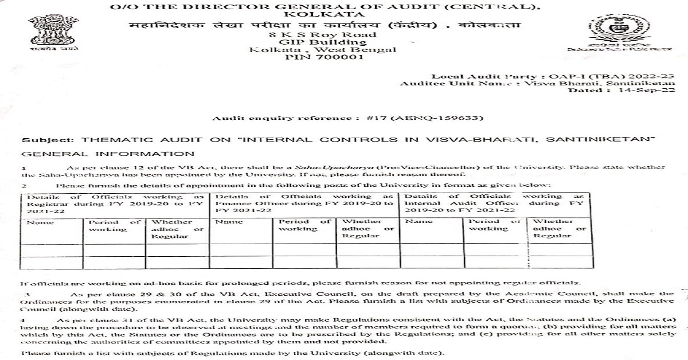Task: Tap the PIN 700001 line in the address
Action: [324, 57]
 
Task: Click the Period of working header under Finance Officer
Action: [304, 225]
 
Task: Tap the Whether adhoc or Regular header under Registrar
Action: [175, 229]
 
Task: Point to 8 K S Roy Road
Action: [324, 34]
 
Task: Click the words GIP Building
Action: [324, 42]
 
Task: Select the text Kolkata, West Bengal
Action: [323, 50]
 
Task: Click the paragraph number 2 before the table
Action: [25, 185]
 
